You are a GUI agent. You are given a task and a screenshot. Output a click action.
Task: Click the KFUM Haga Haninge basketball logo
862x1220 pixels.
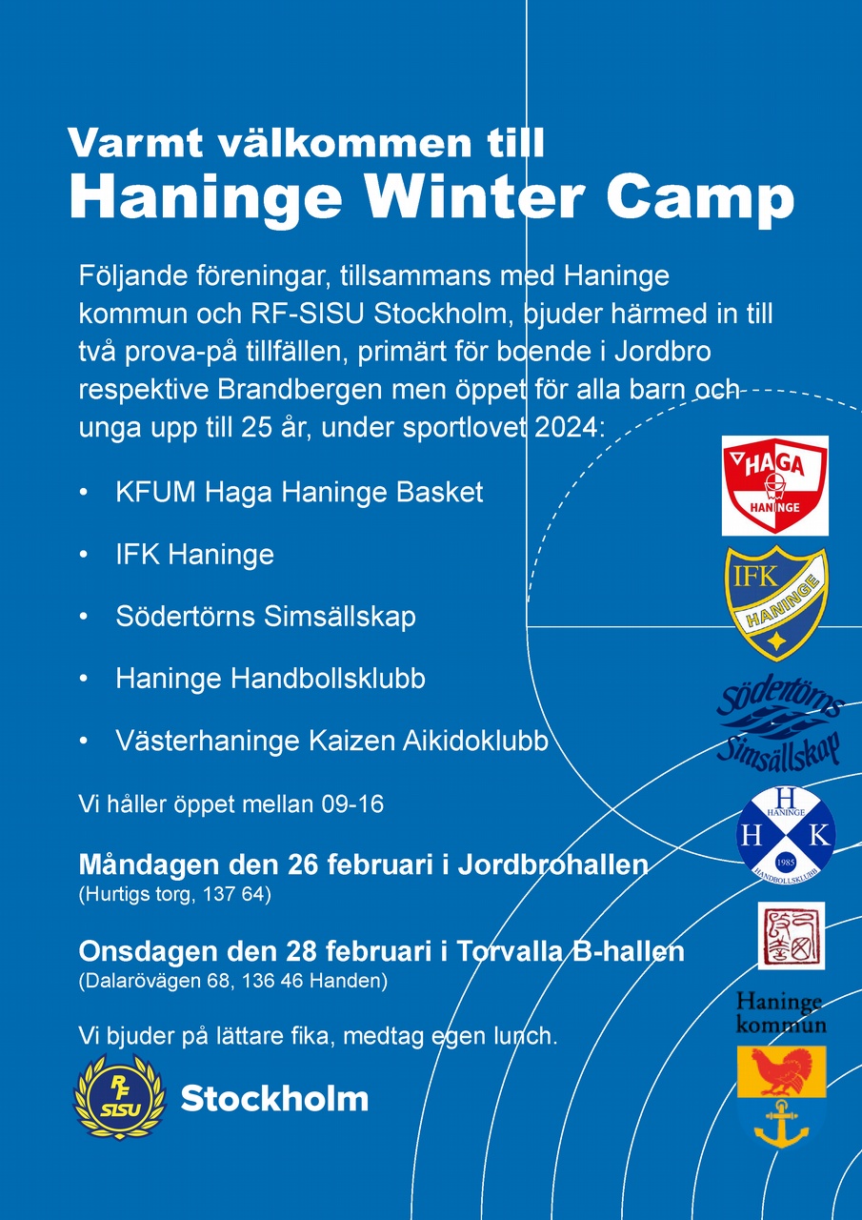click(x=774, y=485)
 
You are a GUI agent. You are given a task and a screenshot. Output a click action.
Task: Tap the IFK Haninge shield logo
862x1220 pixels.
click(x=777, y=604)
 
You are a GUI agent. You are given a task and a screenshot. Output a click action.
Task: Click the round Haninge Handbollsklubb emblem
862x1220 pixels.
click(x=785, y=833)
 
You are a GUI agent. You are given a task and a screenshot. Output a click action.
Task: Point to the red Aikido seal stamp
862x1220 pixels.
click(x=792, y=935)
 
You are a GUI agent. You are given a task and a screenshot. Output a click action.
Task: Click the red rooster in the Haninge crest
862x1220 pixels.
click(x=780, y=1072)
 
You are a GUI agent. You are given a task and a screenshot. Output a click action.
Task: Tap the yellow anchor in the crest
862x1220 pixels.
click(x=781, y=1124)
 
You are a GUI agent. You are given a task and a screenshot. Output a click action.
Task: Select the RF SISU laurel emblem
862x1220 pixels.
click(x=120, y=1095)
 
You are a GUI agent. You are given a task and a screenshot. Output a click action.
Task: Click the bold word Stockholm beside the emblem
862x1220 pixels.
click(x=274, y=1098)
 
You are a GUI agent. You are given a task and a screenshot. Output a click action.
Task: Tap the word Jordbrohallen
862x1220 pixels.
click(x=552, y=864)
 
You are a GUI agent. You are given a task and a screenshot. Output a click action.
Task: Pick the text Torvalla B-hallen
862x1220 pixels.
click(x=571, y=951)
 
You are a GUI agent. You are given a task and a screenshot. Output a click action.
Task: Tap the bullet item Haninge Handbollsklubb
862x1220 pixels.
click(x=271, y=679)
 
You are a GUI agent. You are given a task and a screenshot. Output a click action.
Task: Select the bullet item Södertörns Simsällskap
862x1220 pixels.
click(x=266, y=617)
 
